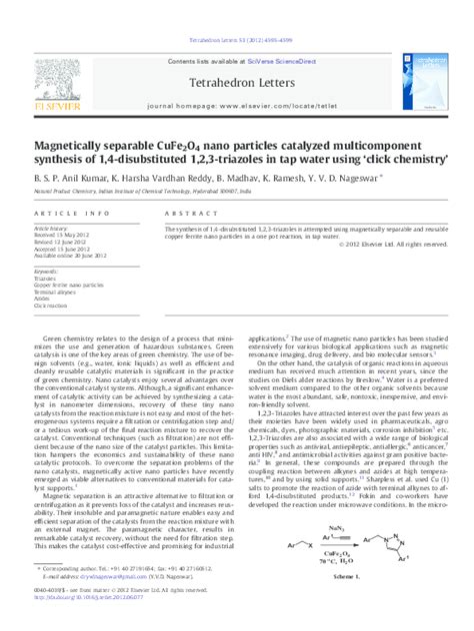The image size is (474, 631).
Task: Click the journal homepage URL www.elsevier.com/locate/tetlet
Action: (271, 104)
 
